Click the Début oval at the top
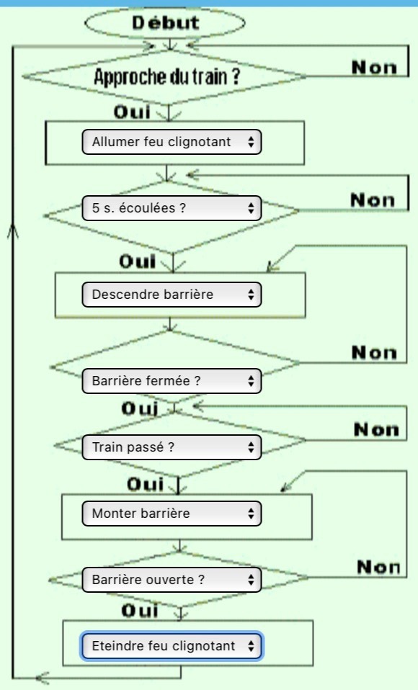pos(165,23)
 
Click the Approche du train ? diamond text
pos(167,76)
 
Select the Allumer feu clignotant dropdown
pos(172,142)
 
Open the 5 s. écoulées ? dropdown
pos(172,207)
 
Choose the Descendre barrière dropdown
pos(172,295)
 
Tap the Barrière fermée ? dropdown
pos(172,380)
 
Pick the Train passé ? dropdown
pos(172,447)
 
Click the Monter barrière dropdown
pos(172,514)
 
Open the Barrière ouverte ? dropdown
pos(172,580)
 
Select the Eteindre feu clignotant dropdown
pos(172,646)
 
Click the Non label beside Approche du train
pos(374,67)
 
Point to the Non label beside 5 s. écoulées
pos(373,200)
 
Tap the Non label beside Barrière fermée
pos(374,352)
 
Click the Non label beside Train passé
pos(377,429)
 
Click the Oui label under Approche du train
pos(132,112)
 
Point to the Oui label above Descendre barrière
pos(138,261)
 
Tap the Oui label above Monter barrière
pos(146,484)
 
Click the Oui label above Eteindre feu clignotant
pos(140,610)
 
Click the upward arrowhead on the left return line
pos(13,230)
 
